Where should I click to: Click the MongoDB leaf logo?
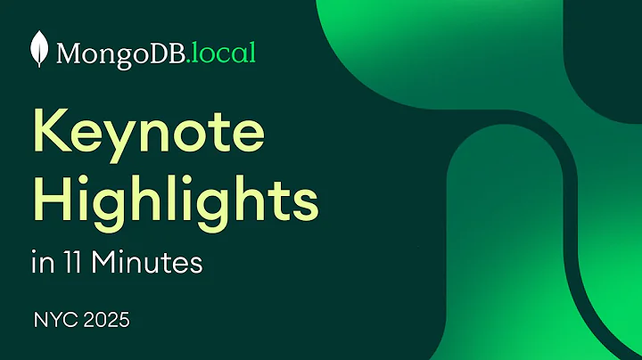tap(40, 50)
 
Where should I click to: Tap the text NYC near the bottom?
tap(51, 319)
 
